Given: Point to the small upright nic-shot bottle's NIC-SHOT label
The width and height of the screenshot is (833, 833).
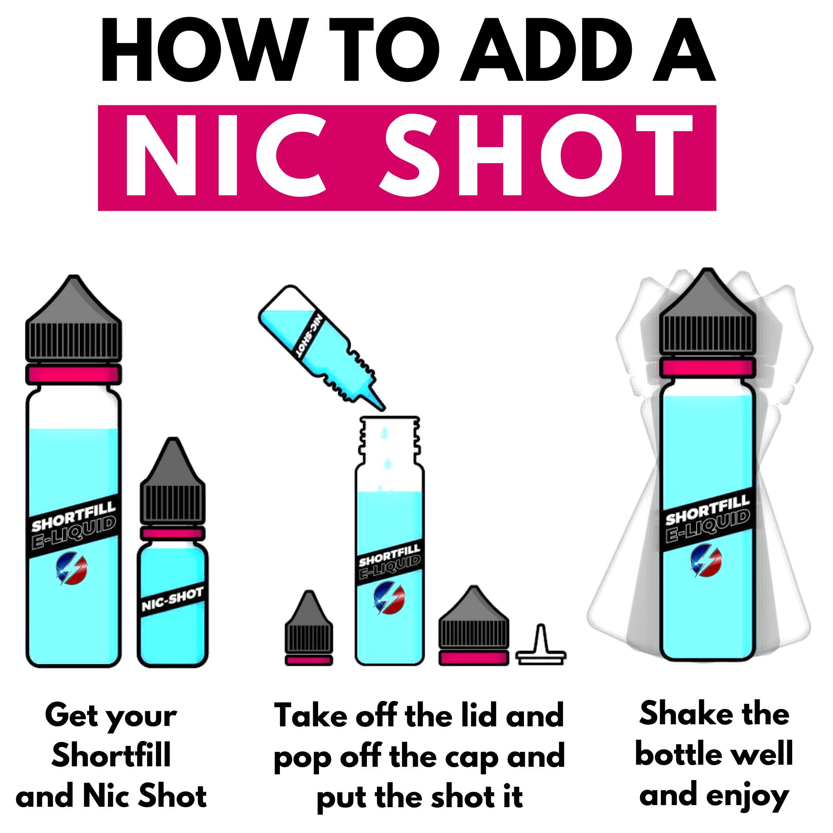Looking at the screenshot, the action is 172,599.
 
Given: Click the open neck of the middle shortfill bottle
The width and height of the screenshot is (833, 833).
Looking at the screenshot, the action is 390,438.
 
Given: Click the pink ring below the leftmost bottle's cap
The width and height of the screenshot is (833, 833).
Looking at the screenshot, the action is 73,372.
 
